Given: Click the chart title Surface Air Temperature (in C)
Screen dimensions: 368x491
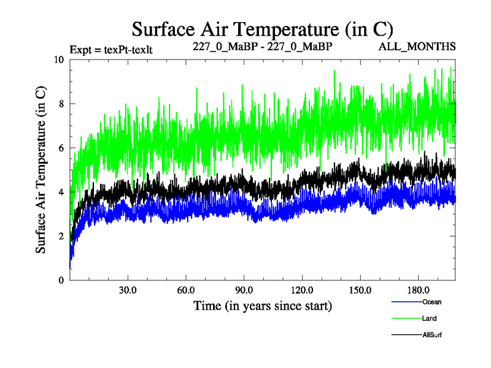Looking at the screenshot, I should pyautogui.click(x=263, y=29).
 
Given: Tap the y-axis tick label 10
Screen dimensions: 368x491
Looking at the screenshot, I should pyautogui.click(x=58, y=59).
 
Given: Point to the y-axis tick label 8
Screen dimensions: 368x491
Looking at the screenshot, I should pyautogui.click(x=61, y=104).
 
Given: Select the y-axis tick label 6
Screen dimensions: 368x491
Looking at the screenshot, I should pyautogui.click(x=61, y=148).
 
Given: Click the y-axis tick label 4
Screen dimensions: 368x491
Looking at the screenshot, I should pyautogui.click(x=61, y=192).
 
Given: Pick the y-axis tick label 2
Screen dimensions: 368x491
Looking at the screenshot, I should pyautogui.click(x=61, y=236).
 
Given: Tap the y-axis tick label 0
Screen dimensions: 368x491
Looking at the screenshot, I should pyautogui.click(x=61, y=280).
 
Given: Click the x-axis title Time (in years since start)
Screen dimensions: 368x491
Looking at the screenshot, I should pyautogui.click(x=263, y=305).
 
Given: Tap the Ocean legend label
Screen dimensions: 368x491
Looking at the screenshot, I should pyautogui.click(x=431, y=302).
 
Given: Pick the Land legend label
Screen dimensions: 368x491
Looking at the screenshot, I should pyautogui.click(x=430, y=318).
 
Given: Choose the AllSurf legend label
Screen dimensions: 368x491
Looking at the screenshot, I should pyautogui.click(x=433, y=335).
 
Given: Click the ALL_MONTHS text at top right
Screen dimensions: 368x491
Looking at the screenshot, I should pyautogui.click(x=425, y=47).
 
